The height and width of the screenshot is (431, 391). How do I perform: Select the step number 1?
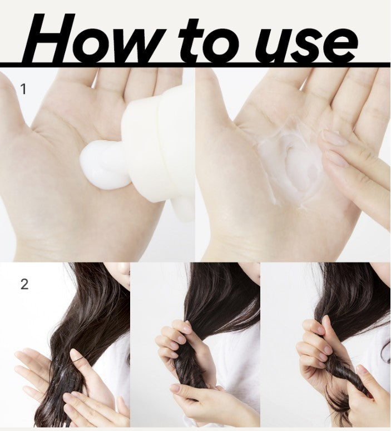coord(23,88)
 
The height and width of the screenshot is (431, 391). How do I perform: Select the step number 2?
coord(24,284)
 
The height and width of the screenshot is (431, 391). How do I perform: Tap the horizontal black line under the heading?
coord(195,66)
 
